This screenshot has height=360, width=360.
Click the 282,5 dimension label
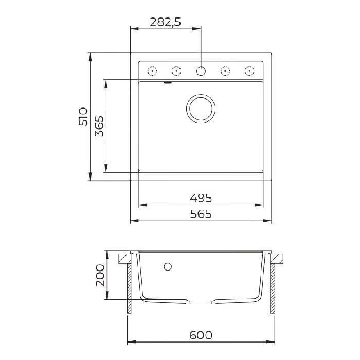click(165, 22)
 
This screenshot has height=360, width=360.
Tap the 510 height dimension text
click(83, 117)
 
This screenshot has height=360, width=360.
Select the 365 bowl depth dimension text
click(99, 127)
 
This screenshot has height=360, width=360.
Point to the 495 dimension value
click(201, 198)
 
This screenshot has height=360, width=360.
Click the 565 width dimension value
click(201, 214)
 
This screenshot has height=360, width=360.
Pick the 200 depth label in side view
click(100, 275)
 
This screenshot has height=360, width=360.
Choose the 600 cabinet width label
click(201, 335)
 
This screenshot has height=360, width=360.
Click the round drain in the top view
click(201, 109)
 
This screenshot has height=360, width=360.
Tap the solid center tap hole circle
click(201, 71)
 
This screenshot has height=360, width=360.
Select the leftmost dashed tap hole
click(152, 71)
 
